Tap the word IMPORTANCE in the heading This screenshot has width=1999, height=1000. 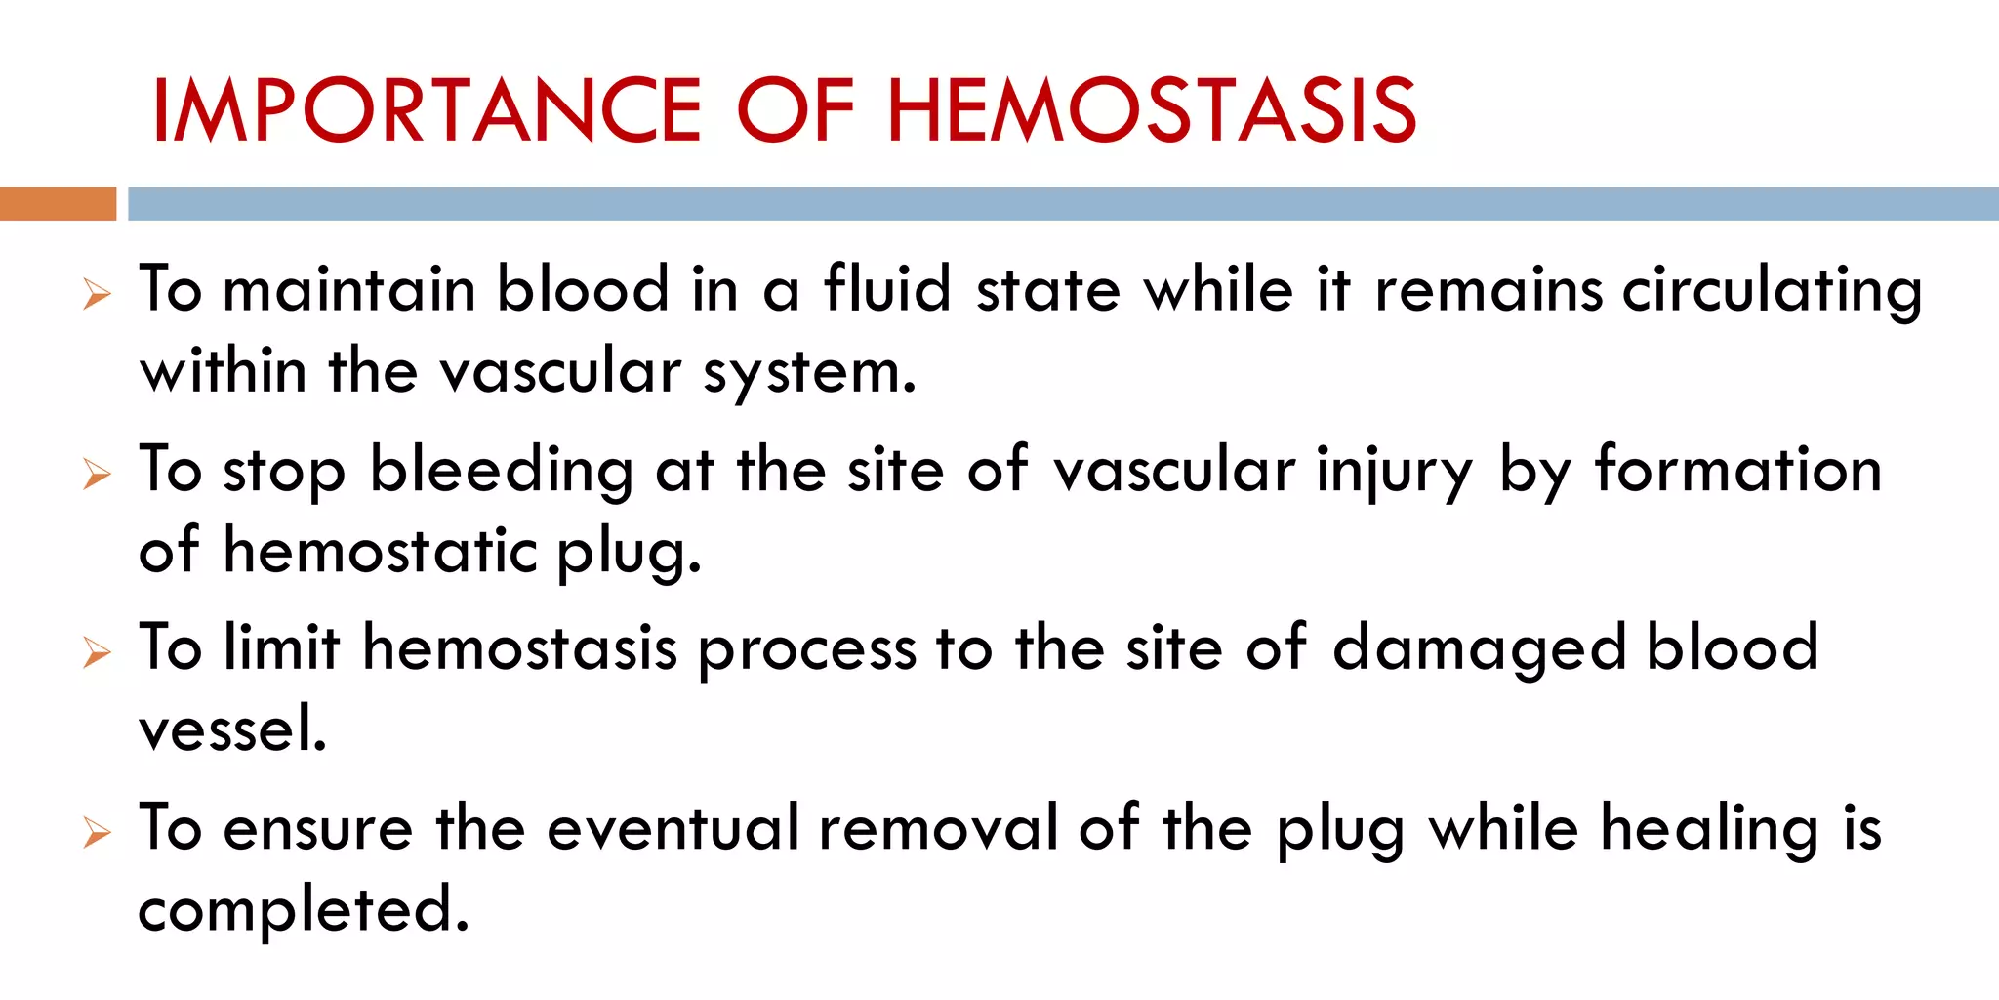(427, 110)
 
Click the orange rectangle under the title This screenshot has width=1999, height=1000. (58, 203)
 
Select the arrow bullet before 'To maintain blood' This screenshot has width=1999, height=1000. (97, 293)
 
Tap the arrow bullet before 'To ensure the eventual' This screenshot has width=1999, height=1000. (97, 832)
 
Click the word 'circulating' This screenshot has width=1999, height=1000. (1772, 291)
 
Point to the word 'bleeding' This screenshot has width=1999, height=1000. (502, 471)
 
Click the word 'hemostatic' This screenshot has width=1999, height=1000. (381, 551)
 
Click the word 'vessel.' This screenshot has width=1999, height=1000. (232, 729)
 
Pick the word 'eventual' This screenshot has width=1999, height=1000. (673, 828)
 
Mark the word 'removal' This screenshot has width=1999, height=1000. (938, 828)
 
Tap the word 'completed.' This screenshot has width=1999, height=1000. (304, 910)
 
